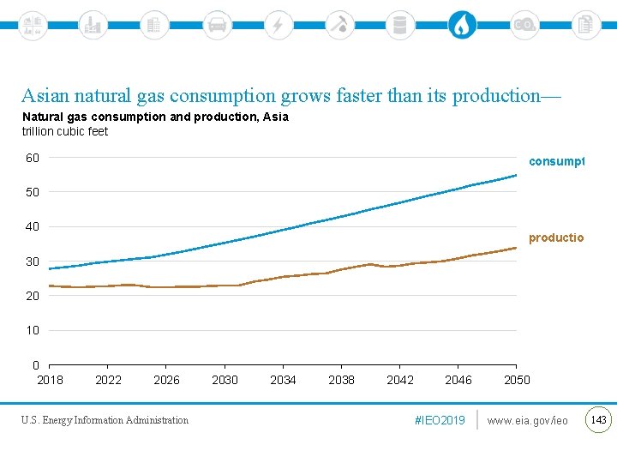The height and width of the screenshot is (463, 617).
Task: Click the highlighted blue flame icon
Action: pyautogui.click(x=462, y=25)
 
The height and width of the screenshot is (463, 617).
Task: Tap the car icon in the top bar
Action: pyautogui.click(x=218, y=25)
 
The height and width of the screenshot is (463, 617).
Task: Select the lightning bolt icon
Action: pyautogui.click(x=278, y=25)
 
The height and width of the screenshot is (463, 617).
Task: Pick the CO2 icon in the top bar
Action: pyautogui.click(x=524, y=25)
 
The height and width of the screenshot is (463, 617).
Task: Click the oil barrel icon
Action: pyautogui.click(x=398, y=25)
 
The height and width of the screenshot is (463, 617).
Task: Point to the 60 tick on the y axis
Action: pyautogui.click(x=32, y=158)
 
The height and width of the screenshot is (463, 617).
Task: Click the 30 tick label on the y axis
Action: pyautogui.click(x=32, y=262)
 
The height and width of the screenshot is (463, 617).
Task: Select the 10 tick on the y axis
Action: pyautogui.click(x=32, y=330)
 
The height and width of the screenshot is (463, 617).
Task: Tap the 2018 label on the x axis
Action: pyautogui.click(x=50, y=380)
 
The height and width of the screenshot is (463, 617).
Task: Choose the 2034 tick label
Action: pyautogui.click(x=283, y=380)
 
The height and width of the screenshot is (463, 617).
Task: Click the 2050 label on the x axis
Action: pyautogui.click(x=517, y=380)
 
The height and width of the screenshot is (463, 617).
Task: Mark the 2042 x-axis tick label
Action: pyautogui.click(x=400, y=380)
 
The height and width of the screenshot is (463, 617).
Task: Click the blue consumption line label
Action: pyautogui.click(x=556, y=161)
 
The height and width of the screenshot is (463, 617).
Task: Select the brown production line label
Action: pyautogui.click(x=556, y=238)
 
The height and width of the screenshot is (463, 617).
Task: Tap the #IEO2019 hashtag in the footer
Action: pyautogui.click(x=440, y=420)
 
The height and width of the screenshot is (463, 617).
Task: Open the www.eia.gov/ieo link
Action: pyautogui.click(x=527, y=420)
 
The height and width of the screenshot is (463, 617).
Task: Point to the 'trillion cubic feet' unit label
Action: pyautogui.click(x=65, y=131)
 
